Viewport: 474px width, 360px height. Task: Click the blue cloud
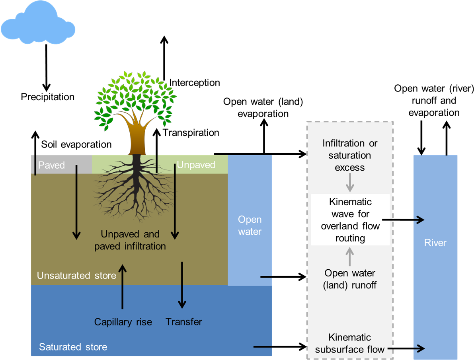[x=37, y=24]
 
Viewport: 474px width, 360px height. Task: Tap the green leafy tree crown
[x=135, y=99]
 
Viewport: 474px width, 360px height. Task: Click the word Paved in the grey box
[x=51, y=165]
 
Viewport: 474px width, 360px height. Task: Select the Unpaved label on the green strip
[x=196, y=165]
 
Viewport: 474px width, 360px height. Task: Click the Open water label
[x=250, y=226]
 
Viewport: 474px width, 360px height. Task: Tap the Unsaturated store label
[x=76, y=275]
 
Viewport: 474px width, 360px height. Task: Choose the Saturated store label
[x=73, y=347]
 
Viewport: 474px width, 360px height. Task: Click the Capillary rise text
[x=123, y=322]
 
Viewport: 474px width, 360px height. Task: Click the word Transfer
[x=184, y=321]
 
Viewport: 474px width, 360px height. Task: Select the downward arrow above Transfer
[x=182, y=285]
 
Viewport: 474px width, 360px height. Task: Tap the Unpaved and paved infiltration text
[x=130, y=240]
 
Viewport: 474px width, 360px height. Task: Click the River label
[x=435, y=243]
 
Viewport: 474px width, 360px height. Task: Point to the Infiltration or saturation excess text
[x=350, y=155]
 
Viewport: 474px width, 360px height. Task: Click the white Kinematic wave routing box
[x=350, y=220]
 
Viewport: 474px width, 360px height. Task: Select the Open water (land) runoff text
[x=350, y=279]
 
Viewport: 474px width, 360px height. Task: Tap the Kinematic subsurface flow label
[x=350, y=343]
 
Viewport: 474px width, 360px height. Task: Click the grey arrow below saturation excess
[x=350, y=183]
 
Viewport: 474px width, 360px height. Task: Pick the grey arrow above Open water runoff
[x=350, y=256]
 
